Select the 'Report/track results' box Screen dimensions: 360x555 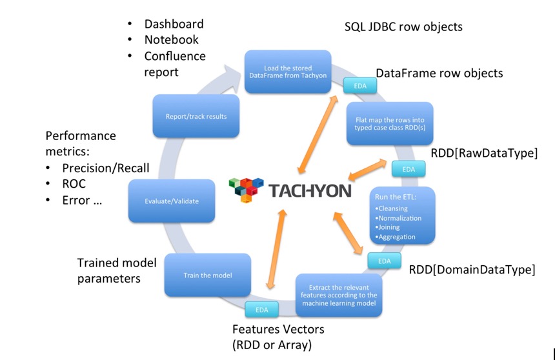pos(195,117)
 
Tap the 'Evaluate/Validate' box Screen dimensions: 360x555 pos(171,201)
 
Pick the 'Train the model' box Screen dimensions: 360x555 pos(207,275)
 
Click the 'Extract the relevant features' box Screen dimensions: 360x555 pos(339,295)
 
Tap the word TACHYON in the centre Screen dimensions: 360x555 pos(310,191)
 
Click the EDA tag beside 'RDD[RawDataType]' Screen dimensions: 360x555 pos(409,169)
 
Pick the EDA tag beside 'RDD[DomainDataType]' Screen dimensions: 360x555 pos(384,261)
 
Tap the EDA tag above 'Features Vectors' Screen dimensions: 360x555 pos(261,310)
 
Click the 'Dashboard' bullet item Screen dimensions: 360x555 pos(174,24)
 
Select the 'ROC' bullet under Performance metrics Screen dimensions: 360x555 pos(74,183)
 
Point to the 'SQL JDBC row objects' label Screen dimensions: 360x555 pos(403,27)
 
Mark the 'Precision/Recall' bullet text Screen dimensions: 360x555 pos(106,168)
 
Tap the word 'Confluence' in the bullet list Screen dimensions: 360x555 pos(175,56)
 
